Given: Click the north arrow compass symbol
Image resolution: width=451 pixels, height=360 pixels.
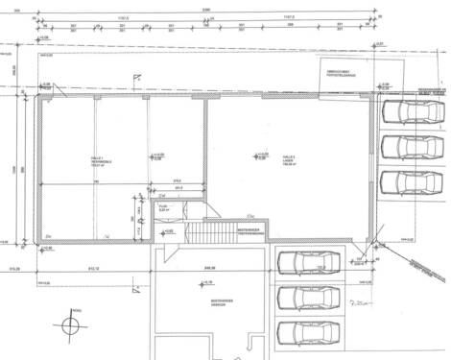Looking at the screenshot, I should tap(69, 325).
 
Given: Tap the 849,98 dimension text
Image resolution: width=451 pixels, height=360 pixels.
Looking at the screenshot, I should tap(201, 268).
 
